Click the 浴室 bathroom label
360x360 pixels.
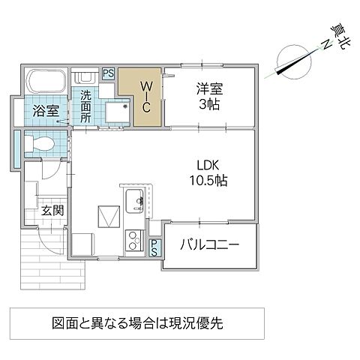[x=45, y=112]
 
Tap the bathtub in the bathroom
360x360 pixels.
[x=46, y=82]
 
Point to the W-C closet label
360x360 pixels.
[x=147, y=96]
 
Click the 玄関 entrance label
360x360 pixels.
[x=52, y=209]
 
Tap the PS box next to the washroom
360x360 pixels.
[x=108, y=73]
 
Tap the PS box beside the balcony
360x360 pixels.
[x=154, y=247]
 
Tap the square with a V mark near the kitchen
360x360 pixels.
[x=109, y=217]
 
